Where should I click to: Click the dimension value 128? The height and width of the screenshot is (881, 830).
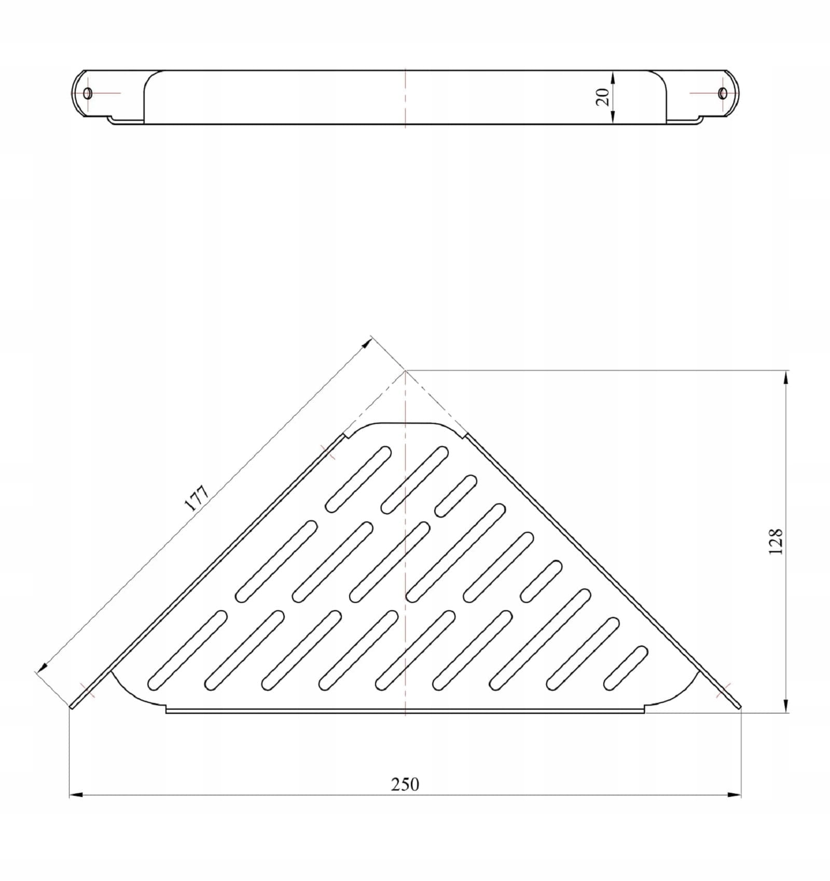pos(776,542)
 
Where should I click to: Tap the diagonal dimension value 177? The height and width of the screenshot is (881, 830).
pos(197,498)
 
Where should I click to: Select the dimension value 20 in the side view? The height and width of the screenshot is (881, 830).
pos(602,97)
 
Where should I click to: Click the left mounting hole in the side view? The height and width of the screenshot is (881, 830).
pos(88,93)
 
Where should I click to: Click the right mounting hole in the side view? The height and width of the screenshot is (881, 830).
pos(723,93)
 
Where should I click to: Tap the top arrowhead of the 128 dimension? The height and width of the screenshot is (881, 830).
pos(787,377)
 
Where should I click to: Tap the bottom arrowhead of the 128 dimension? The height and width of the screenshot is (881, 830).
pos(787,706)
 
